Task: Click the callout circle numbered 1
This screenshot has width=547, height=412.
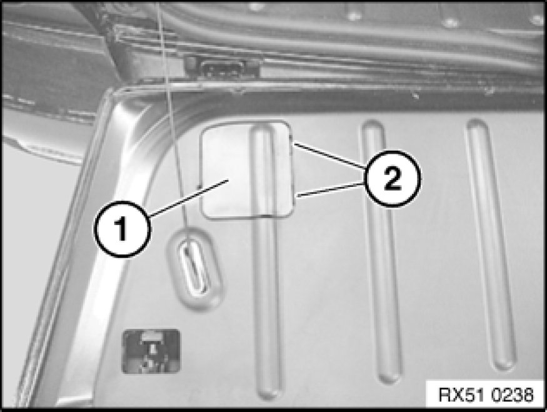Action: pyautogui.click(x=122, y=229)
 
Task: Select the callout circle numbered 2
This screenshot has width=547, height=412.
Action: pyautogui.click(x=392, y=179)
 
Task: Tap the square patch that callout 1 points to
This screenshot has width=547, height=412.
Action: pyautogui.click(x=246, y=170)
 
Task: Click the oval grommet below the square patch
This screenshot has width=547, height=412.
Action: pyautogui.click(x=194, y=269)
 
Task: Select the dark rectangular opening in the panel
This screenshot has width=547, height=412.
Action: pyautogui.click(x=151, y=351)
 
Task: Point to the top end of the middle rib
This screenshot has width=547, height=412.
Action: pyautogui.click(x=372, y=124)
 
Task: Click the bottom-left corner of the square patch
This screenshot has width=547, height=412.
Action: pyautogui.click(x=205, y=216)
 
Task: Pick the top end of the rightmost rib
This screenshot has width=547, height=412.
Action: pyautogui.click(x=476, y=124)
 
